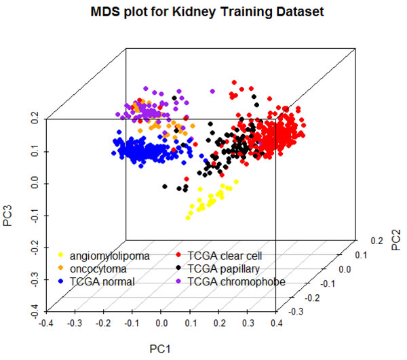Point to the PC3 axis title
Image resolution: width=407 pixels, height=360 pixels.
pos(9,216)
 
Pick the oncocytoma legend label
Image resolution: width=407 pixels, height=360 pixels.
pos(96,268)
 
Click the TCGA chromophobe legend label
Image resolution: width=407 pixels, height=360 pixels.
pos(237,281)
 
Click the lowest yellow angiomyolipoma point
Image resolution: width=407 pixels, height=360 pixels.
pos(189,217)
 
